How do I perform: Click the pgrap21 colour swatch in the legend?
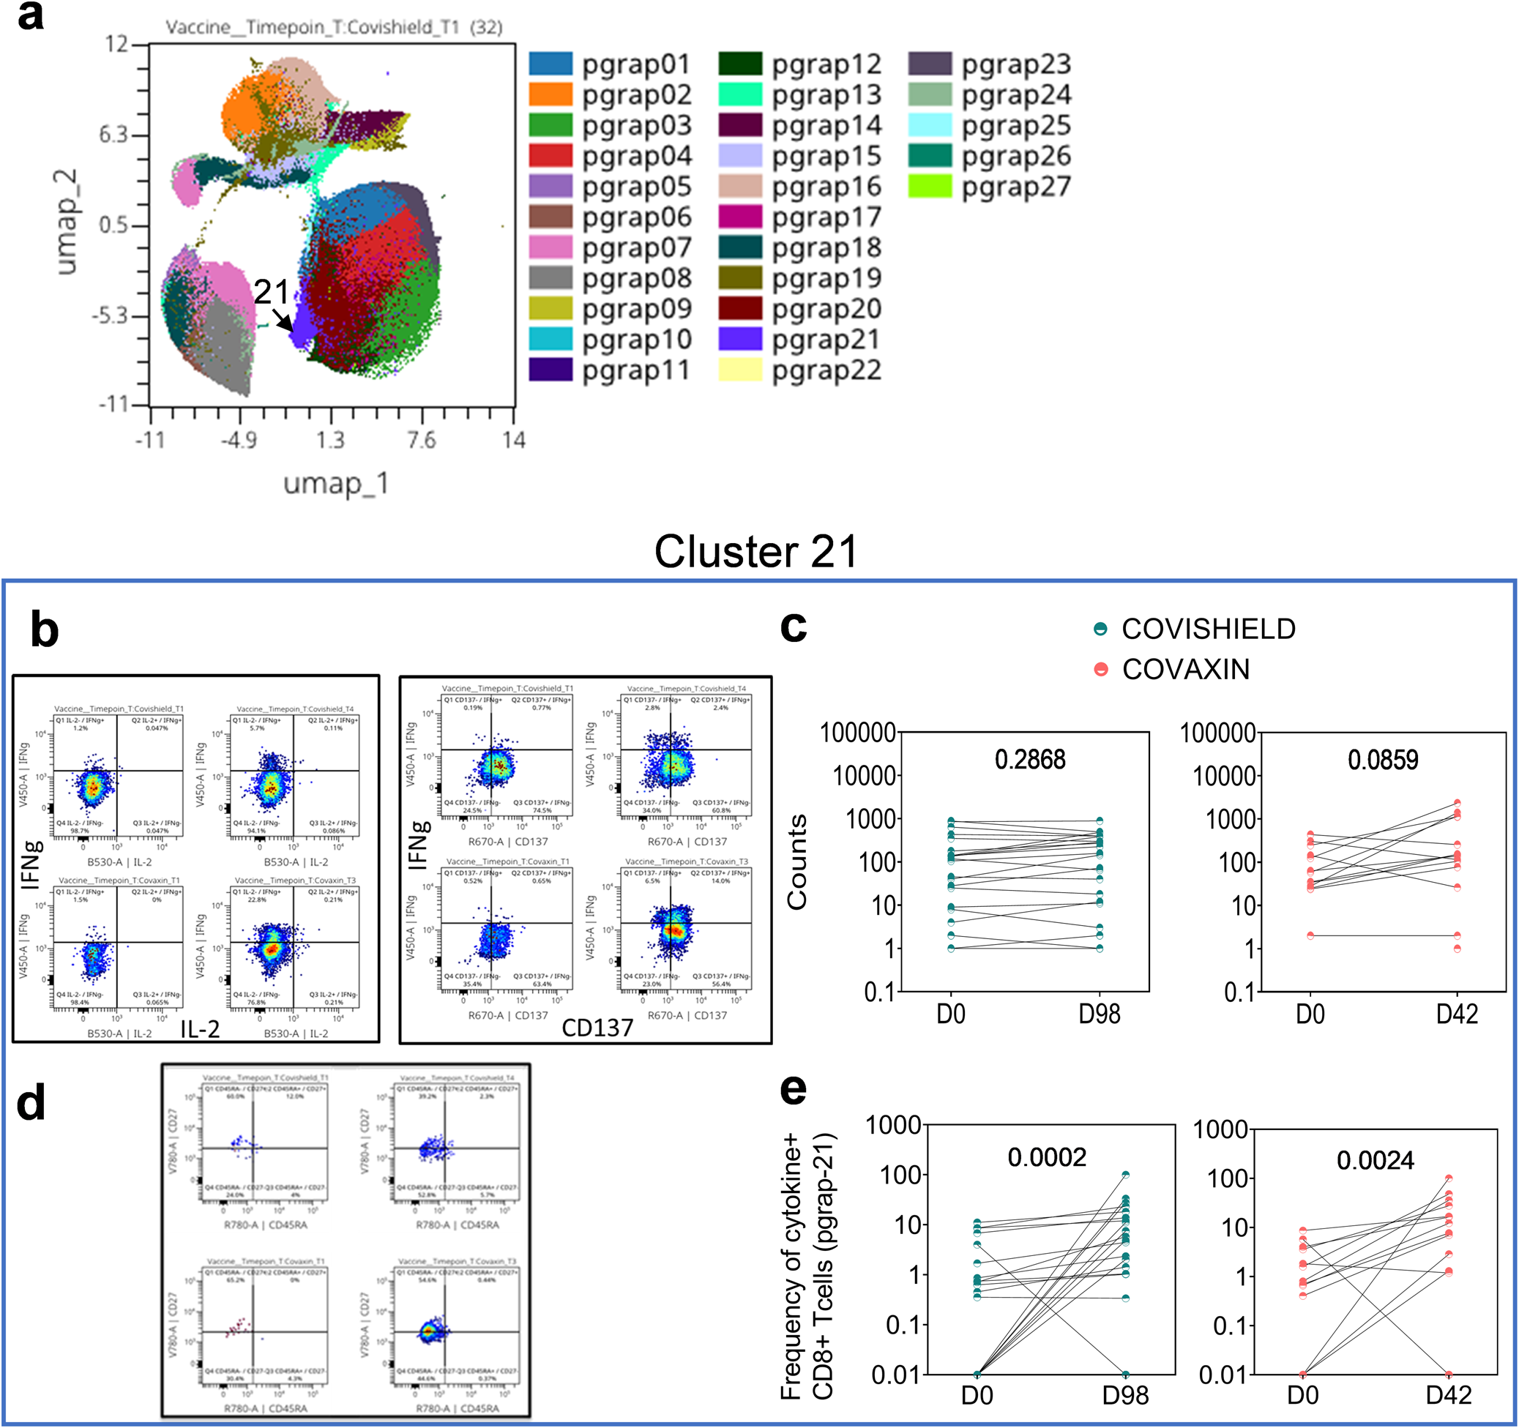(739, 338)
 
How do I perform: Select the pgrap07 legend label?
(635, 247)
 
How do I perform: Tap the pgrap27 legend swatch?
(929, 187)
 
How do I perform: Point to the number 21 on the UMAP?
(272, 292)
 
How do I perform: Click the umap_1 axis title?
(335, 483)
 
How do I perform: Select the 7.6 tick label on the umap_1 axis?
(421, 440)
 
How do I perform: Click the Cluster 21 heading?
(755, 551)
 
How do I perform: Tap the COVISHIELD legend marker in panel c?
(1100, 629)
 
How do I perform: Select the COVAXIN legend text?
(1185, 669)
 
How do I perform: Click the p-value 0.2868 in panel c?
(1029, 760)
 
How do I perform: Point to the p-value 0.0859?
(1382, 760)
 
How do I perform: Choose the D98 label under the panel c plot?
(1099, 1014)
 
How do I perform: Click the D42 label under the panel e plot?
(1448, 1396)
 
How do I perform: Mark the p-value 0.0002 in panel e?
(1046, 1157)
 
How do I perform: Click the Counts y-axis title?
(797, 861)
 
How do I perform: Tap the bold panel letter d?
(31, 1103)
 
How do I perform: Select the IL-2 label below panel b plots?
(200, 1029)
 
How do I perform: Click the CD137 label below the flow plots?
(597, 1028)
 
